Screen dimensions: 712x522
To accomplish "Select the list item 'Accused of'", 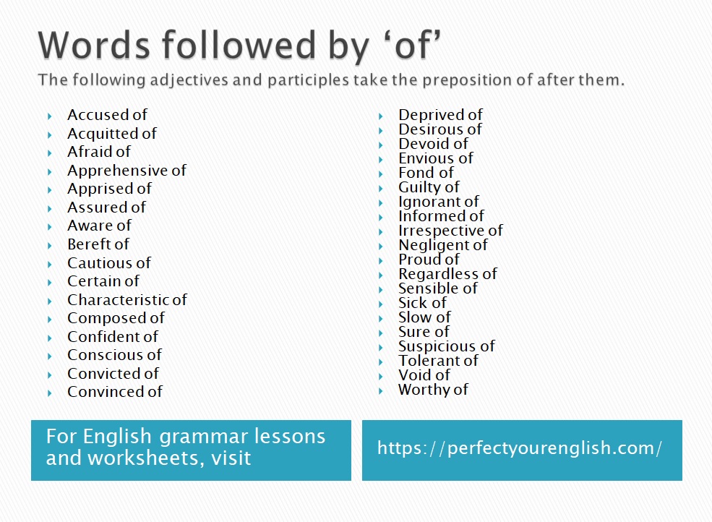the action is click(x=107, y=115).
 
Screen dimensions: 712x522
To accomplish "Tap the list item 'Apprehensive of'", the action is click(x=126, y=171).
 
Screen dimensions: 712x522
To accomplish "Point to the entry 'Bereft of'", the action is click(x=98, y=244).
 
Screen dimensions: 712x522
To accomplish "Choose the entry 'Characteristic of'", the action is click(x=127, y=300).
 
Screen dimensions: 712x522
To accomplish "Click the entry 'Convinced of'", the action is click(x=115, y=392).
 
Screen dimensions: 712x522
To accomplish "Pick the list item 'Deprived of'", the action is click(x=440, y=114).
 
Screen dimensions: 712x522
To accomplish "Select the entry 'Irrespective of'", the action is click(x=450, y=231).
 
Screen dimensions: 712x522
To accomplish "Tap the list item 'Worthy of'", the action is click(x=433, y=390).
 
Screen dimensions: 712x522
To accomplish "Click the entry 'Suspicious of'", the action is click(x=447, y=346).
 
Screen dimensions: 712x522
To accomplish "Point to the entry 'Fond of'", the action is click(x=426, y=173).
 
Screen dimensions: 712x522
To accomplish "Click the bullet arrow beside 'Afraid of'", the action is click(x=49, y=153).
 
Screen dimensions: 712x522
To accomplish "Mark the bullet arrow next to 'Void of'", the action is click(x=380, y=377).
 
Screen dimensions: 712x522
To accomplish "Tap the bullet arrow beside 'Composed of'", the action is click(x=49, y=320).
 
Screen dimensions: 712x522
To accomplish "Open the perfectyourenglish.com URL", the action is click(x=520, y=449).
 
